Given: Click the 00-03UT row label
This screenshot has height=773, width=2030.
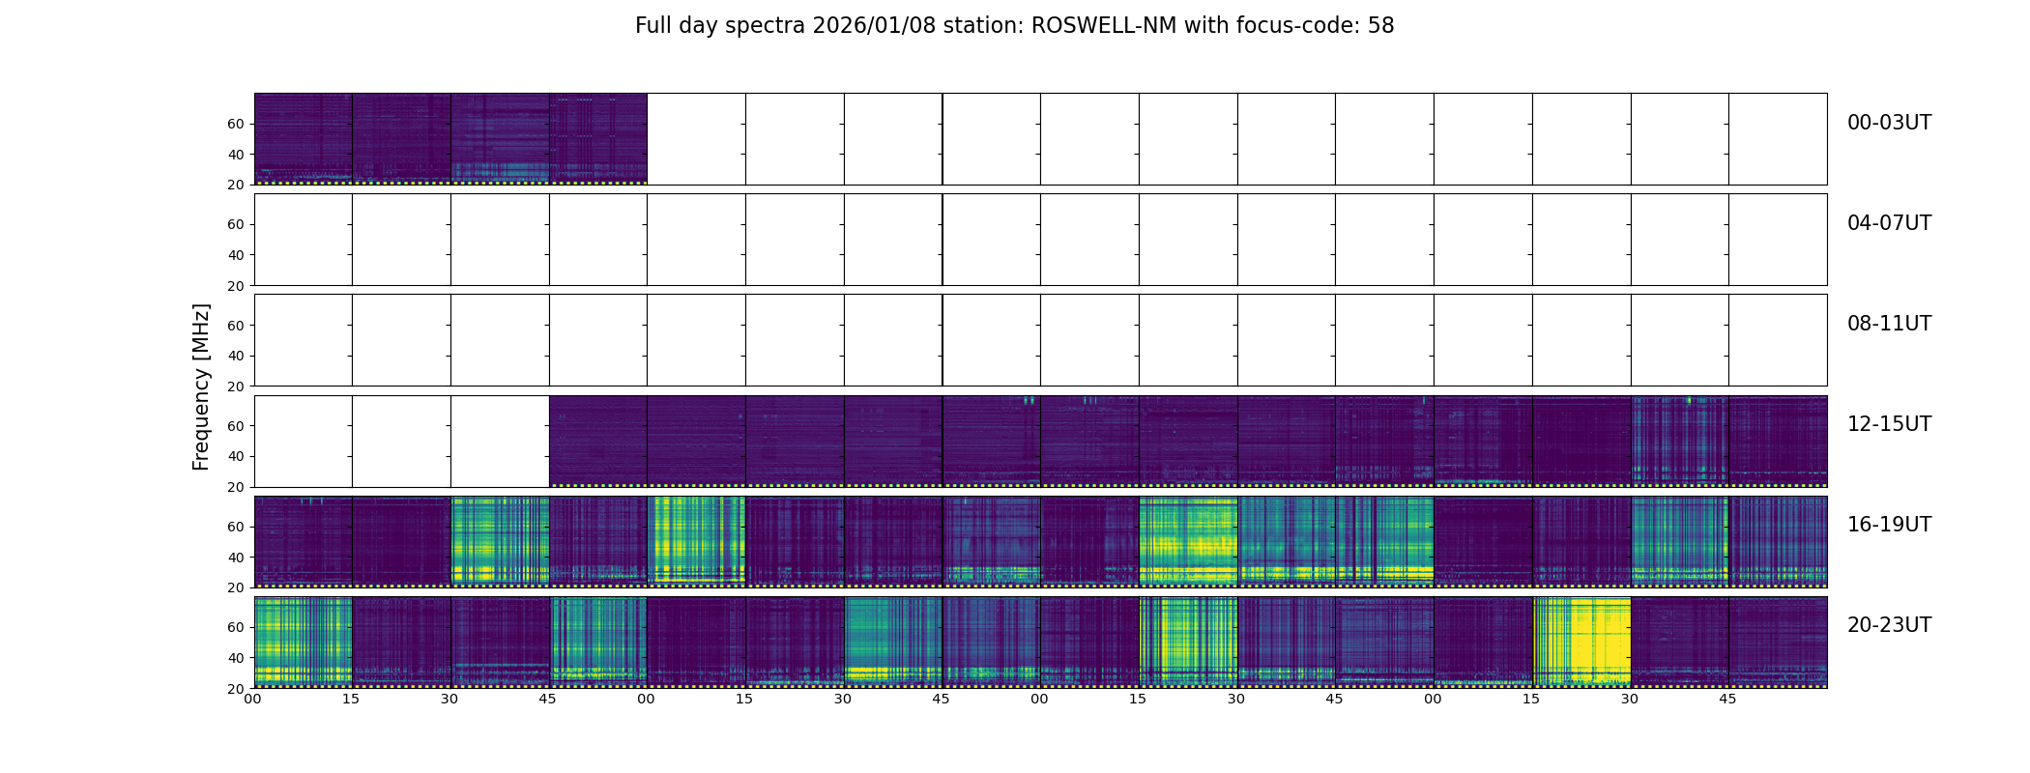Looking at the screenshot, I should tap(1889, 123).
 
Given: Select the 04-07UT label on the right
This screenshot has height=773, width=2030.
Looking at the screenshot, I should tap(1889, 223).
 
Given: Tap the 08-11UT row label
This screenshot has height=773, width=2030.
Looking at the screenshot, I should tap(1889, 324).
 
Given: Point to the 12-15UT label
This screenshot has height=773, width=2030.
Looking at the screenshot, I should tap(1889, 424).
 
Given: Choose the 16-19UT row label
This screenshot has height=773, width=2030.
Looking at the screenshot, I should tap(1889, 525).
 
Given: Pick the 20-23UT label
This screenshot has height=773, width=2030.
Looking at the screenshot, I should tap(1889, 625).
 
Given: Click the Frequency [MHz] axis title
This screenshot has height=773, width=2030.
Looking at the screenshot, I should tap(201, 386).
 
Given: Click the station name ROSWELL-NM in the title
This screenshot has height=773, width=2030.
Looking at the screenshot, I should tap(1104, 26).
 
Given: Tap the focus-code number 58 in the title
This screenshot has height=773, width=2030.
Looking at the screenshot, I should tap(1380, 26).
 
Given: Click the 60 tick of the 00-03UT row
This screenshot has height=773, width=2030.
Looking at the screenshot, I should tap(236, 124).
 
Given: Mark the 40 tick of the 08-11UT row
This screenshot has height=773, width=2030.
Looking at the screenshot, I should tap(236, 356).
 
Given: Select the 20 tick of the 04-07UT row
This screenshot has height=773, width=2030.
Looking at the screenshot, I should tap(236, 286).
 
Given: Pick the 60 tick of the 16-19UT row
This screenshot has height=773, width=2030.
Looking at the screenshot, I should tap(236, 527).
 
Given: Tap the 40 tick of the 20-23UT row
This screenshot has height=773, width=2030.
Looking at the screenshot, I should tap(236, 658).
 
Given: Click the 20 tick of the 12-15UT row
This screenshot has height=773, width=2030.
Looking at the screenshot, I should tap(236, 487).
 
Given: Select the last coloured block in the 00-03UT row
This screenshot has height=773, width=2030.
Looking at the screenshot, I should tap(597, 138).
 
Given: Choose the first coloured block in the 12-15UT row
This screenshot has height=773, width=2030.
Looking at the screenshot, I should tap(597, 441).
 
